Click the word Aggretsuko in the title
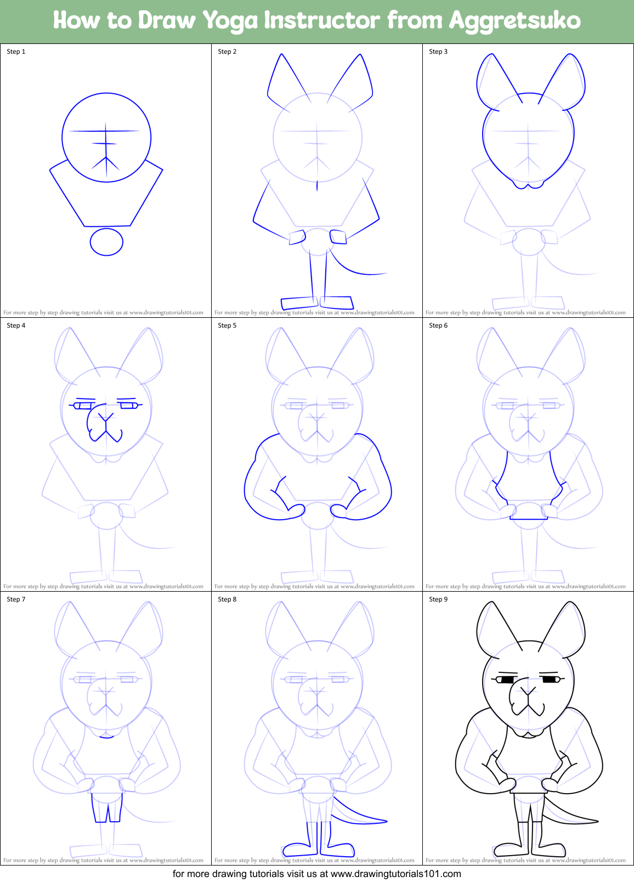pyautogui.click(x=514, y=21)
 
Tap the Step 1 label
pyautogui.click(x=16, y=52)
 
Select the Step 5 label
pyautogui.click(x=227, y=325)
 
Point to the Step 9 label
pyautogui.click(x=438, y=599)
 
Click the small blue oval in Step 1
pyautogui.click(x=106, y=242)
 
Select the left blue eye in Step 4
pyautogui.click(x=82, y=406)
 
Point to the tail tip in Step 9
pyautogui.click(x=595, y=822)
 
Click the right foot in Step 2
pyautogui.click(x=336, y=302)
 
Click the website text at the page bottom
pyautogui.click(x=317, y=874)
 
